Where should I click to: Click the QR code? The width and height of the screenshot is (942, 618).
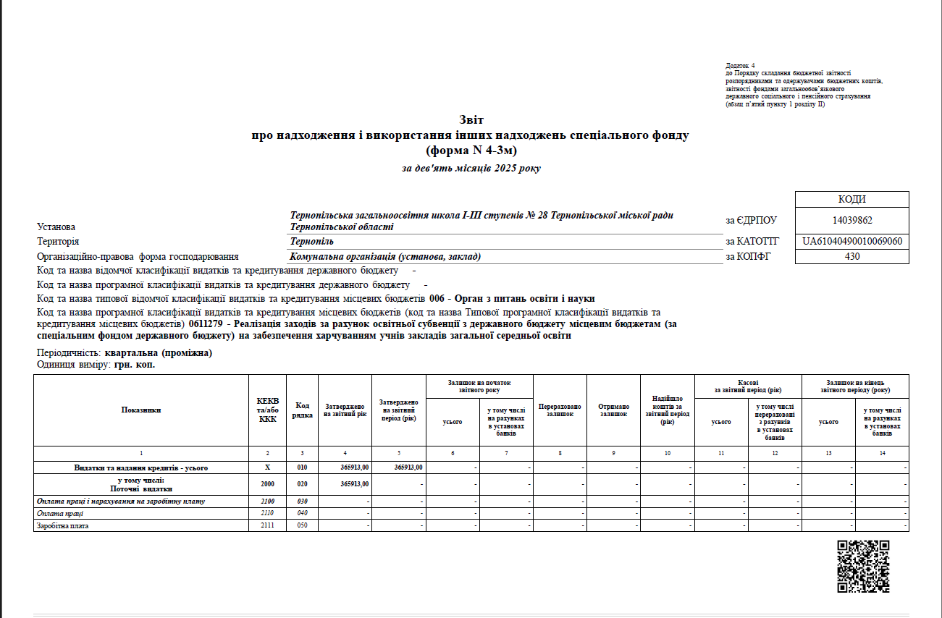coord(862,566)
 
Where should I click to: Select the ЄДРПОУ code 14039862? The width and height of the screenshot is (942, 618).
coord(851,220)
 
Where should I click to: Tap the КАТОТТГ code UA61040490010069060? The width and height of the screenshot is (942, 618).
coord(852,241)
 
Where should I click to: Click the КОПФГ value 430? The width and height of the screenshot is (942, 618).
coord(851,256)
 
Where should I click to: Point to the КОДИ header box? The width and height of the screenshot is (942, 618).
coord(851,200)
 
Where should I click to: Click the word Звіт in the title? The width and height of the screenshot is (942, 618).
coord(471,119)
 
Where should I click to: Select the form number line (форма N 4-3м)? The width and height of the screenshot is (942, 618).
coord(471,151)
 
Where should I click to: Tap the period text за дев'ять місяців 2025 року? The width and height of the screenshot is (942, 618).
coord(471,169)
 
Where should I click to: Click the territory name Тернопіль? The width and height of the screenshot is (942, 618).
coord(312,241)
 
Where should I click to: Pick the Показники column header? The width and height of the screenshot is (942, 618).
coord(141,410)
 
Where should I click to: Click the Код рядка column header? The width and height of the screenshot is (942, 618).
coord(302,410)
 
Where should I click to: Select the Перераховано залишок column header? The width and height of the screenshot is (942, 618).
coord(560,410)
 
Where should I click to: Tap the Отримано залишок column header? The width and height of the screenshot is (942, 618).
coord(613,410)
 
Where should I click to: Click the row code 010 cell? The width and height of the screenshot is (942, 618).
coord(302,467)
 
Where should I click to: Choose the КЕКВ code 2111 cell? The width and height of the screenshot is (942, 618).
coord(267,525)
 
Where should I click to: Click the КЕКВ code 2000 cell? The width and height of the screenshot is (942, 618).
coord(267,484)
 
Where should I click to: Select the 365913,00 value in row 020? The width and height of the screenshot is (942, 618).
coord(355,484)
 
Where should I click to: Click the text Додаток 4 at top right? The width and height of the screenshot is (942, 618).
coord(739,66)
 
